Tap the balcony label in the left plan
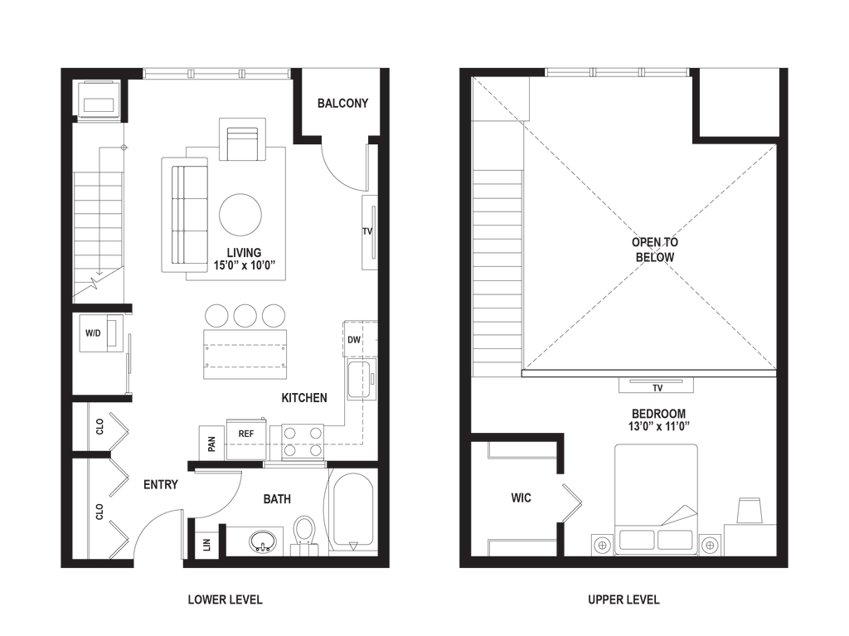(x=342, y=104)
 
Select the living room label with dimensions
(x=244, y=258)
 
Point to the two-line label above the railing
(x=655, y=250)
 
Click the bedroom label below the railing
(x=660, y=419)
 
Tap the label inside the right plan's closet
(x=520, y=498)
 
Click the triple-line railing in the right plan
(x=647, y=373)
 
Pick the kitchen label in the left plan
(x=304, y=398)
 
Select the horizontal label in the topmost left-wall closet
(x=93, y=333)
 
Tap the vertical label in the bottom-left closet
(x=99, y=511)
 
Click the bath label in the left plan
(x=277, y=499)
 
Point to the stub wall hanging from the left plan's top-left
(x=124, y=98)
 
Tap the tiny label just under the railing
(x=657, y=387)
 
